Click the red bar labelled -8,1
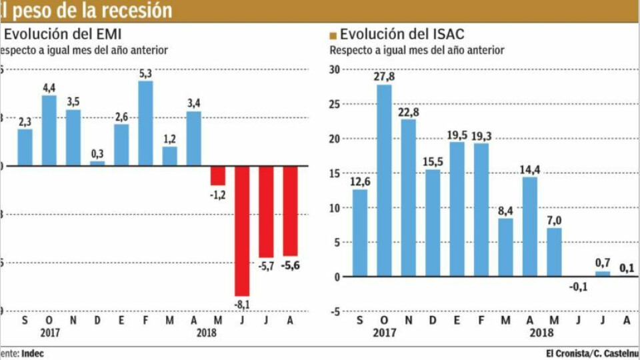(x=242, y=231)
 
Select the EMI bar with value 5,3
(x=145, y=123)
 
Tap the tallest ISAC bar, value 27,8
(x=384, y=181)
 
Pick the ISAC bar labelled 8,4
(x=505, y=247)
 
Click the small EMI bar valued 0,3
(x=97, y=163)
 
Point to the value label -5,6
(x=291, y=265)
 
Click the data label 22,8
(x=409, y=111)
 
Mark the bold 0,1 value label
(x=627, y=268)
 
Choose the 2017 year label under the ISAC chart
(x=384, y=331)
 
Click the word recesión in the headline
(x=137, y=10)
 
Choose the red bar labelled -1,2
(x=218, y=175)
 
